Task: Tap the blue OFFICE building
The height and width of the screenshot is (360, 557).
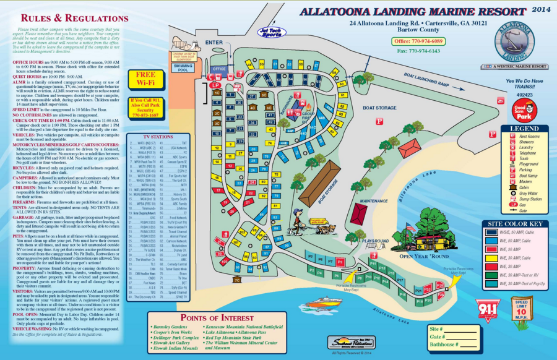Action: click(x=218, y=69)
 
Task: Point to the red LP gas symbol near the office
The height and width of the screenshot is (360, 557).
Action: click(x=215, y=84)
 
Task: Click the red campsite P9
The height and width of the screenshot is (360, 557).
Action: click(x=340, y=262)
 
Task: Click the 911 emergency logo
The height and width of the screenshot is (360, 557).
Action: click(x=488, y=309)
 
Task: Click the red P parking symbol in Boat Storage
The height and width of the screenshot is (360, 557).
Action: click(x=379, y=122)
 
